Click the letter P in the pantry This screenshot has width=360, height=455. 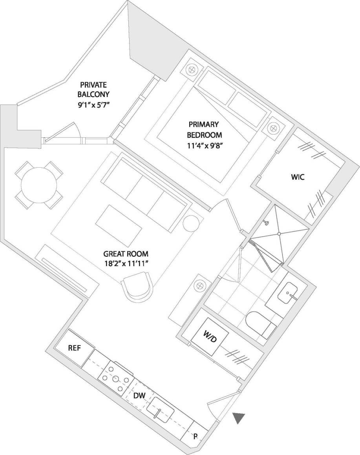[x=195, y=437]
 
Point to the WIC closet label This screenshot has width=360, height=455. [x=298, y=177]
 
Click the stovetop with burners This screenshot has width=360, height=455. [x=115, y=378]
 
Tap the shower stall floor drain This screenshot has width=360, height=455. [x=279, y=234]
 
